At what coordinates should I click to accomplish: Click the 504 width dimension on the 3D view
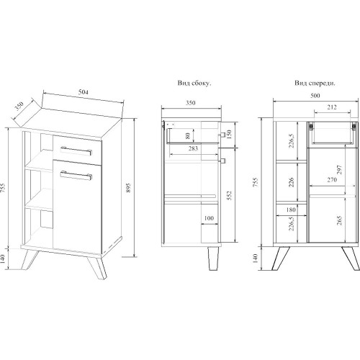(x=84, y=92)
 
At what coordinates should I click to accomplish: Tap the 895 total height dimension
(x=128, y=188)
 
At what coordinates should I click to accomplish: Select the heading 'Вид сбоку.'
(x=194, y=83)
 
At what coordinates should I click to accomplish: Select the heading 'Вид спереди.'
(x=315, y=83)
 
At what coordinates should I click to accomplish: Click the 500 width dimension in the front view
(x=315, y=96)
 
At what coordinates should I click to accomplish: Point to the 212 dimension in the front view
(x=332, y=107)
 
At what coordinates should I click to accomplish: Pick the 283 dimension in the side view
(x=193, y=148)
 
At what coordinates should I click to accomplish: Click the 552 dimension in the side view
(x=229, y=195)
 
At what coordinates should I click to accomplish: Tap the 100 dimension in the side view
(x=209, y=218)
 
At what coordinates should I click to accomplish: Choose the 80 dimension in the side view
(x=188, y=135)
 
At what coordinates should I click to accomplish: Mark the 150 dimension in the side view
(x=229, y=135)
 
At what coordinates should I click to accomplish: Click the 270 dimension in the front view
(x=332, y=179)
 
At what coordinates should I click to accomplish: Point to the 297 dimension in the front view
(x=339, y=170)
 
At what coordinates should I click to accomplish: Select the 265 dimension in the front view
(x=339, y=220)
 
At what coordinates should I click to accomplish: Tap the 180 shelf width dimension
(x=291, y=210)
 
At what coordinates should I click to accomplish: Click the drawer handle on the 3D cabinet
(x=76, y=150)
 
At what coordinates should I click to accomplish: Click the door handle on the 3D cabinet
(x=76, y=175)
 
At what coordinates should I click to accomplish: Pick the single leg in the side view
(x=213, y=258)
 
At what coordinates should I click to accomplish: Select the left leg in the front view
(x=281, y=258)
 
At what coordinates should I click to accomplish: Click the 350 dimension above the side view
(x=191, y=103)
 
